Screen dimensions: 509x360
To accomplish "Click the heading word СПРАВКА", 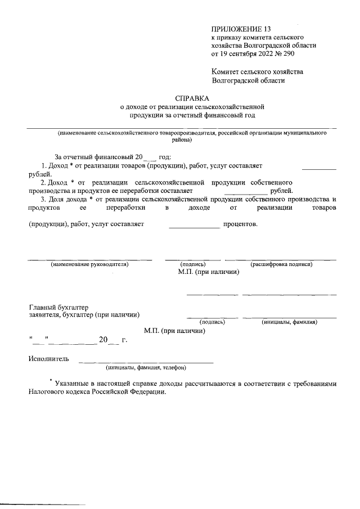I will [192, 98].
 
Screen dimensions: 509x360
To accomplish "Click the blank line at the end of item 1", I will [319, 168].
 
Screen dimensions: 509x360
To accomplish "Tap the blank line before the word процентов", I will [194, 226].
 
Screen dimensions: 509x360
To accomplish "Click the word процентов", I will [241, 224].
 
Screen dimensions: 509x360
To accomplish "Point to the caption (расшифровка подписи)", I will [281, 264].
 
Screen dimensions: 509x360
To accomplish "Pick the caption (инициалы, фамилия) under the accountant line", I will [289, 322].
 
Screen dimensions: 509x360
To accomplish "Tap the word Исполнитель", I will [48, 358].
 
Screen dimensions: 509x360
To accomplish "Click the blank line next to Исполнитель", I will [146, 362].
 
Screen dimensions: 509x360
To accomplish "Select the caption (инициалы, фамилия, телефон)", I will [146, 368].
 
